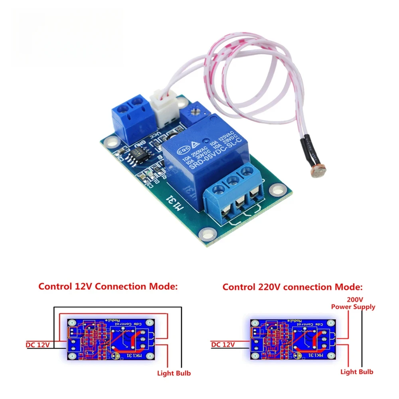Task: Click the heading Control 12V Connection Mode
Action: pos(108,286)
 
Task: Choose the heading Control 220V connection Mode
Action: pos(293,287)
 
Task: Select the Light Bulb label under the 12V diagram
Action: pos(174,373)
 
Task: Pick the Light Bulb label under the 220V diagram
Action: pos(357,371)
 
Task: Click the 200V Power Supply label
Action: pos(353,303)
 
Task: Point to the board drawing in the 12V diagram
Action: pos(111,339)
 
